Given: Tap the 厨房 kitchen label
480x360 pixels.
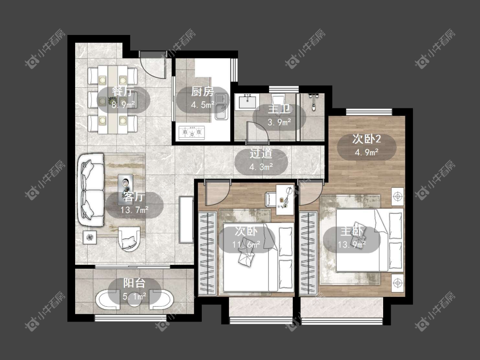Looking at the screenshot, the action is pyautogui.click(x=202, y=92).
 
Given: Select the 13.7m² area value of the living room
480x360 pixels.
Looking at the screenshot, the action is pyautogui.click(x=134, y=210).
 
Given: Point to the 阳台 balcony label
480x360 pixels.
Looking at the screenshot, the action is pyautogui.click(x=134, y=283).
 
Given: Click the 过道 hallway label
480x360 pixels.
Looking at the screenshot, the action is pyautogui.click(x=261, y=154).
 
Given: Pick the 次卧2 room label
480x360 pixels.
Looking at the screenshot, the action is pyautogui.click(x=367, y=139).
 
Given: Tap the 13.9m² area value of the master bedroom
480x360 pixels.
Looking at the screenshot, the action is pyautogui.click(x=352, y=244).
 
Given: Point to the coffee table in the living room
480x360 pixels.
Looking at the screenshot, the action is pyautogui.click(x=125, y=186).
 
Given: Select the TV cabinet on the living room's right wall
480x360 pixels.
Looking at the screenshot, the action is pyautogui.click(x=186, y=220).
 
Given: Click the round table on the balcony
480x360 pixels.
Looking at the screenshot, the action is pyautogui.click(x=134, y=300).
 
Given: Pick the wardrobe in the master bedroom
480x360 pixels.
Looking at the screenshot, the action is pyautogui.click(x=308, y=253).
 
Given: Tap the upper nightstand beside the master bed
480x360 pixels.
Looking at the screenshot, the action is pyautogui.click(x=398, y=196).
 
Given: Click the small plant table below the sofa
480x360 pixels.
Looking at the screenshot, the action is pyautogui.click(x=90, y=237).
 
